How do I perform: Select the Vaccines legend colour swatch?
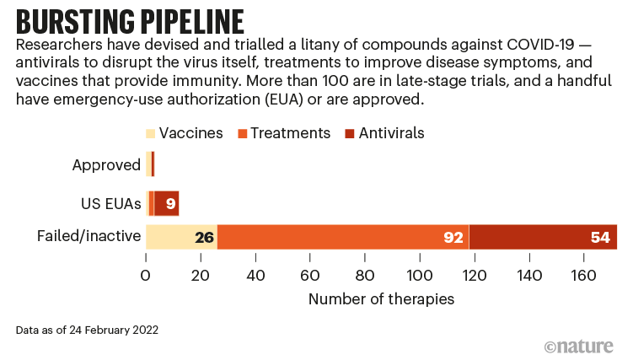click(151, 134)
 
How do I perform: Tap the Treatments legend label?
click(290, 133)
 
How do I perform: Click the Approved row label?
click(106, 165)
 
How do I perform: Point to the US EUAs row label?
click(111, 203)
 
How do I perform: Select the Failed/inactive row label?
click(89, 236)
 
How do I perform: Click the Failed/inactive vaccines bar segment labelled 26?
click(181, 237)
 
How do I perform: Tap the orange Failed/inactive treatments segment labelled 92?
click(343, 237)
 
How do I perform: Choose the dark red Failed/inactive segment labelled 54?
click(543, 237)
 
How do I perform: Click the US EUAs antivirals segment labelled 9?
click(167, 203)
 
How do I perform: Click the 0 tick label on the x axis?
click(146, 275)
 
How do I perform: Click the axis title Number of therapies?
click(381, 298)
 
